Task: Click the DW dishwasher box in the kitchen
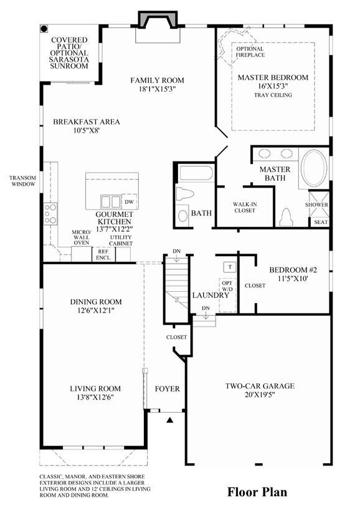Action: (129, 201)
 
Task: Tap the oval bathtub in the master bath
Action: (313, 168)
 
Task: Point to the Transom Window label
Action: (22, 181)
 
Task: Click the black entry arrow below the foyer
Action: (169, 420)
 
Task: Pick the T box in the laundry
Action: (230, 267)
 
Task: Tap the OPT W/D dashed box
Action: (227, 295)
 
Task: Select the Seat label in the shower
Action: (321, 223)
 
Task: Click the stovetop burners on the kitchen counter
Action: (50, 214)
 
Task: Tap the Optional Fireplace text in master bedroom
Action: (250, 52)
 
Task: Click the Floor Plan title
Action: (257, 492)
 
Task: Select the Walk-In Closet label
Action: (245, 208)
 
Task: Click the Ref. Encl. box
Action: (104, 255)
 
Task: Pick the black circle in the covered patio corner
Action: (44, 29)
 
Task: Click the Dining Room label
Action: (96, 302)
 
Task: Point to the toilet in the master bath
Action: (287, 217)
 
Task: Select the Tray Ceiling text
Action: (273, 95)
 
